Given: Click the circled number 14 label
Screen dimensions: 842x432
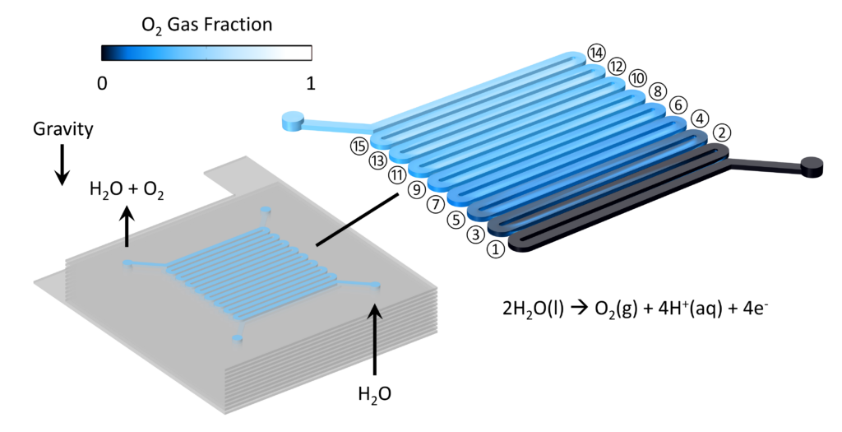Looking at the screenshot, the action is (596, 53).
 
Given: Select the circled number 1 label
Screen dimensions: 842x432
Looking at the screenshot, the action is (496, 249).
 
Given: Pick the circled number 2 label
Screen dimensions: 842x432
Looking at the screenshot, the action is (720, 132).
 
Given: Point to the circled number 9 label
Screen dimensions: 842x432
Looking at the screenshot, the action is (415, 189).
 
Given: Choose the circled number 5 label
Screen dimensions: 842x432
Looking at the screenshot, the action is (456, 219).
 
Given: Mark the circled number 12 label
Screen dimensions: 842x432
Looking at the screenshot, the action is (617, 66).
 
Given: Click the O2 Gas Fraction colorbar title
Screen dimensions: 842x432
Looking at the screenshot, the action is (206, 26).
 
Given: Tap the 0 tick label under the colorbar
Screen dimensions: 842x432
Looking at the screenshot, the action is (103, 83).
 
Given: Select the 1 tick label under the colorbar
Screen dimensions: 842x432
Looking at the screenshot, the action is (310, 83).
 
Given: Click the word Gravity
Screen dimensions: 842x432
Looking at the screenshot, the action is (62, 129).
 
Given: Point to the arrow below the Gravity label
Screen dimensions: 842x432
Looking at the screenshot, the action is (62, 165).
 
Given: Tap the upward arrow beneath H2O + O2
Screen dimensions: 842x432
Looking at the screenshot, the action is (127, 228).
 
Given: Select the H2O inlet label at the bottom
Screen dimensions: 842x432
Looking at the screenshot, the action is (375, 395).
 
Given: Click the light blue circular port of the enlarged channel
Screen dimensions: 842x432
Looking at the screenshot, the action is (294, 120).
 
